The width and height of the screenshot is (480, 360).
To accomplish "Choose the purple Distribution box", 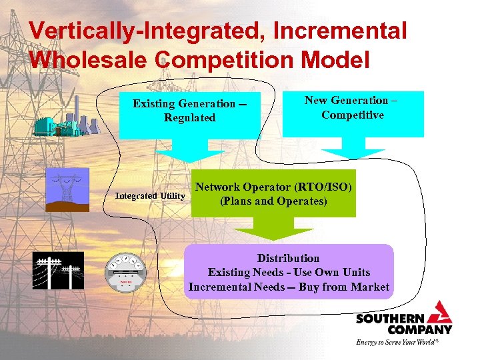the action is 289,272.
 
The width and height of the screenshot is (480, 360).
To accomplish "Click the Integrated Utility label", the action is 150,196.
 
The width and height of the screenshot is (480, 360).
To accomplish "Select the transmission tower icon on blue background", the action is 67,189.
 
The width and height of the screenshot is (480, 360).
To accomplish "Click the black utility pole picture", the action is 58,271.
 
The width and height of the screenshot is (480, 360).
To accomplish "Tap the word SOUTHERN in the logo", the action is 387,319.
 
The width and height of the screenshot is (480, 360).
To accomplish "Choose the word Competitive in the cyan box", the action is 353,115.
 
